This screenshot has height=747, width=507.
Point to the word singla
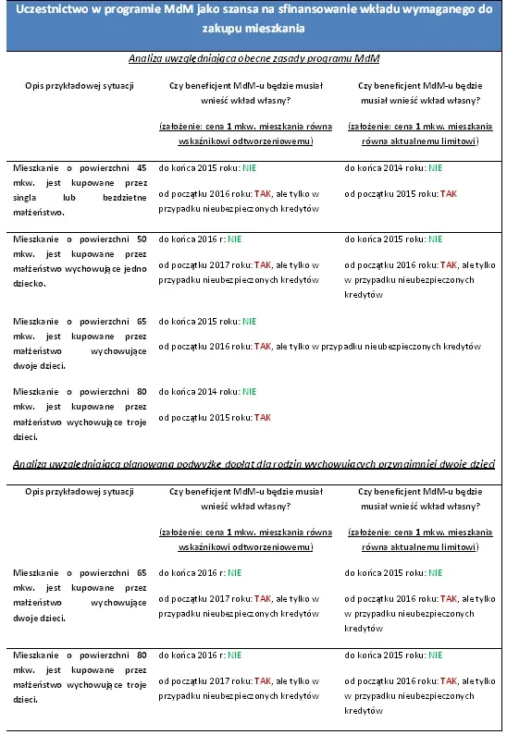(27, 197)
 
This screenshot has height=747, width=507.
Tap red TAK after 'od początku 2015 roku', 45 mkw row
(449, 194)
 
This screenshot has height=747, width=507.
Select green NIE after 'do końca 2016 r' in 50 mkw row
(234, 239)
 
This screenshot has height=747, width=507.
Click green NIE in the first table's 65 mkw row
(249, 321)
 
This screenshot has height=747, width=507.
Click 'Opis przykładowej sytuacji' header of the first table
(80, 87)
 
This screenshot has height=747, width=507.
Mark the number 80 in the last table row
(141, 655)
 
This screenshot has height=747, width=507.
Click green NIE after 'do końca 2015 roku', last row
(435, 655)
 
